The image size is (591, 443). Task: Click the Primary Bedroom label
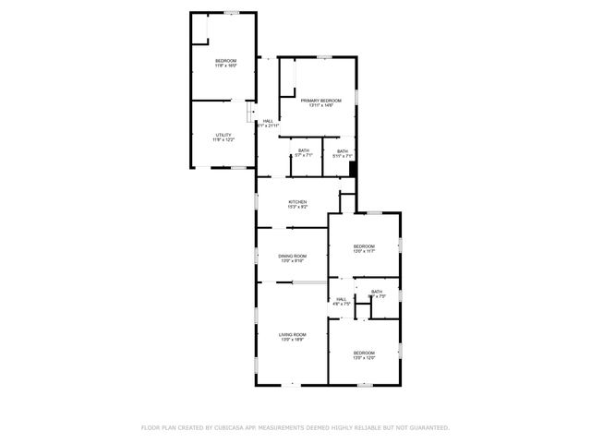pos(320,101)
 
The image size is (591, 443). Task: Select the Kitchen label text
pos(297,202)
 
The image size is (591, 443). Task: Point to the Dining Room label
pos(293,257)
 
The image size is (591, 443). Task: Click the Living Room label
pos(293,334)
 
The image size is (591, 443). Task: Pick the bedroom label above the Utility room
pos(226,61)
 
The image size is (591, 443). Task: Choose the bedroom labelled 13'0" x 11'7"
pos(364,246)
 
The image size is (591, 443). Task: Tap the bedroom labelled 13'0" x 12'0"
pos(364,353)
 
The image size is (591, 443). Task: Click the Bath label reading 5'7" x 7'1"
pos(303,151)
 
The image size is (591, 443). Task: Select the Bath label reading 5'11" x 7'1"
pos(343,151)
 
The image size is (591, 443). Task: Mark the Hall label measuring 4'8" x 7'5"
pos(341,299)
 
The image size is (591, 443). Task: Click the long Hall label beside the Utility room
pos(268,121)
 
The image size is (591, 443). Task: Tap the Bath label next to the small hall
pos(377,293)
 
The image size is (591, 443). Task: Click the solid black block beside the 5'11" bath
pos(353,169)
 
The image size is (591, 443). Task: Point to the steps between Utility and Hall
pos(250,112)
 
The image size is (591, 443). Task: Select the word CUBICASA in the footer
pos(238,427)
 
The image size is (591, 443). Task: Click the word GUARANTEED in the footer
pos(426,427)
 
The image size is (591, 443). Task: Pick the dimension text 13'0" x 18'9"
pos(293,340)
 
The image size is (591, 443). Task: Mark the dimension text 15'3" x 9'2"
pos(297,207)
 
